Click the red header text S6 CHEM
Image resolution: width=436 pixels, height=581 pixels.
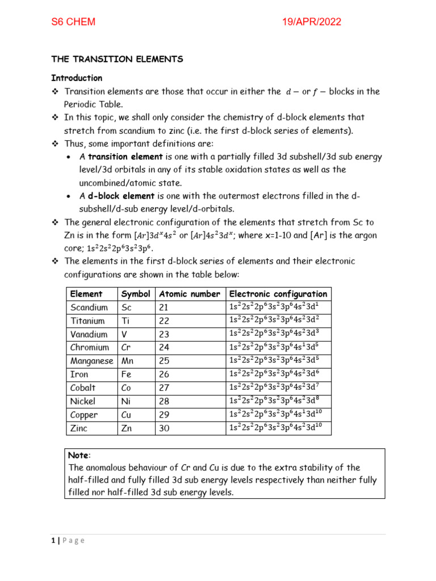coord(73,22)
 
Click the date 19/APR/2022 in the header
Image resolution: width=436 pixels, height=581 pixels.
coord(312,22)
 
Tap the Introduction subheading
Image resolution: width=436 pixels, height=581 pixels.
coord(77,78)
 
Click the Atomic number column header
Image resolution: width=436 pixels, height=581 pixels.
coord(190,294)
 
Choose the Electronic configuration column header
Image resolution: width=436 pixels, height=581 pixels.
coord(278,294)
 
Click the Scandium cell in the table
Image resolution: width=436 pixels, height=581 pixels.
coord(89,308)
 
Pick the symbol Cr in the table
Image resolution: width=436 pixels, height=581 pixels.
coord(127,347)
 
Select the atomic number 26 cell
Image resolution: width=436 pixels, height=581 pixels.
coord(164,374)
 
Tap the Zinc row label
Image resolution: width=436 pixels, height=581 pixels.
coord(79,428)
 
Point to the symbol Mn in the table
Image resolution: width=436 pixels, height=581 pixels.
coord(128,361)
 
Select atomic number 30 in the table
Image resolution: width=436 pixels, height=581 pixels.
coord(164,428)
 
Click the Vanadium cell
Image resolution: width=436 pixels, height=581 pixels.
coord(89,334)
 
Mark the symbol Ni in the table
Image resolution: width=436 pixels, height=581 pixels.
coord(126,401)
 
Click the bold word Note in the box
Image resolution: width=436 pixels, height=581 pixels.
coord(79,455)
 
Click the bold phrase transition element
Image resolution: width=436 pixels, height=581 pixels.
coord(116,156)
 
